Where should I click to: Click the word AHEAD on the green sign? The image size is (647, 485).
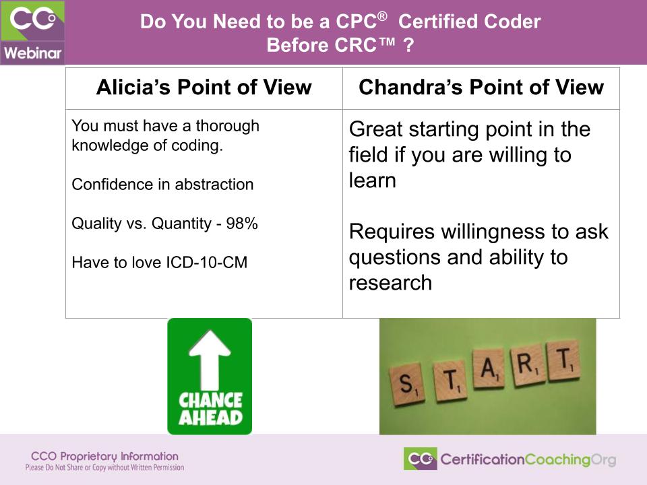(x=210, y=418)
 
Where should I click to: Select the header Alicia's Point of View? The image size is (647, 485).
(x=204, y=88)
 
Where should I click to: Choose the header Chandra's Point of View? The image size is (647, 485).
(x=481, y=88)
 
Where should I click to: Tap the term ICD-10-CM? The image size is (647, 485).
(x=206, y=262)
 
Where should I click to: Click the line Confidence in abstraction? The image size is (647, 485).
(x=162, y=184)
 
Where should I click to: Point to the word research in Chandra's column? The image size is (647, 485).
(x=390, y=283)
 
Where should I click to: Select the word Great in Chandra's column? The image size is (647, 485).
(x=376, y=129)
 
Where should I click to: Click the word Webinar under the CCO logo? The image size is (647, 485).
(x=32, y=53)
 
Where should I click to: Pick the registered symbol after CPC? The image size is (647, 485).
(x=383, y=16)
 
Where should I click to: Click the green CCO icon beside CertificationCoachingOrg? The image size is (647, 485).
(x=420, y=459)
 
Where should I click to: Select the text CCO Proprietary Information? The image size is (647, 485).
(x=104, y=456)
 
